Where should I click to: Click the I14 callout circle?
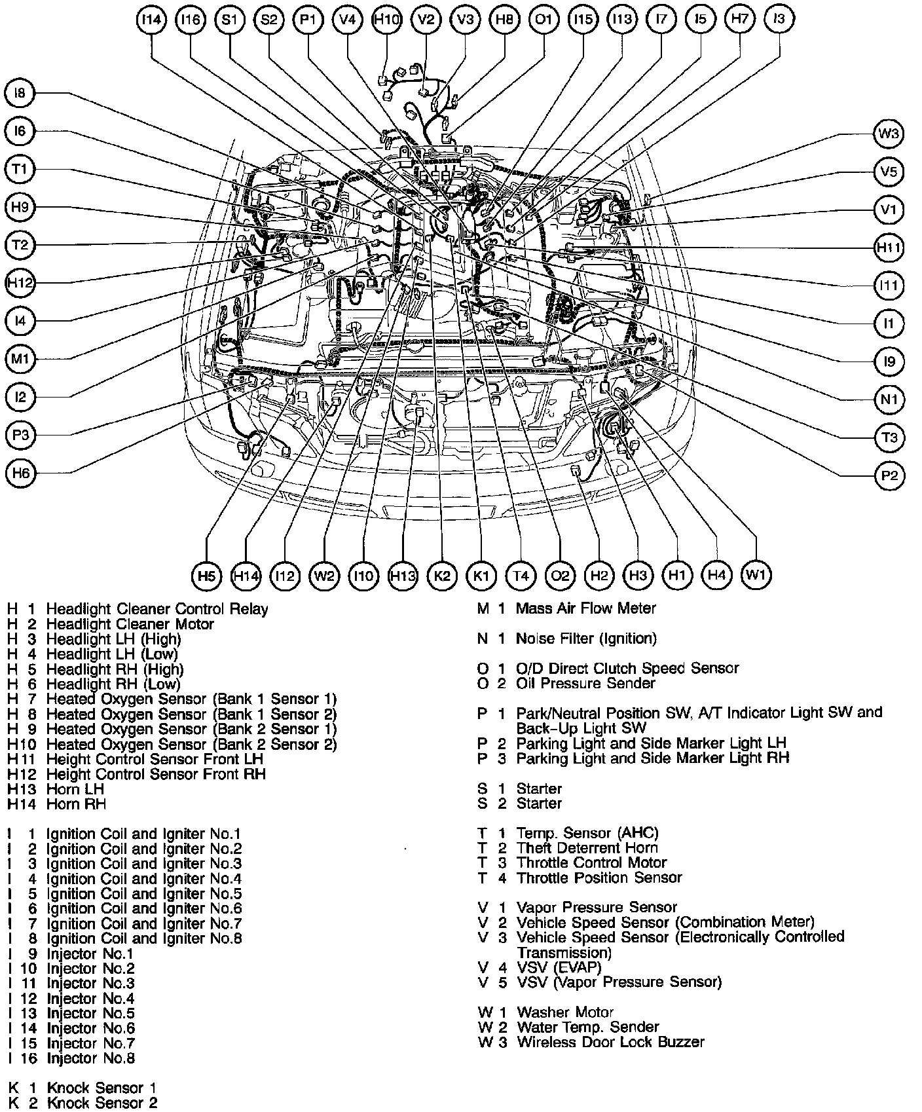click(x=151, y=20)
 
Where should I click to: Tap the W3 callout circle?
click(x=889, y=134)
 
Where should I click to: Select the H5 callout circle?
click(x=206, y=576)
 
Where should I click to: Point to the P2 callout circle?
click(x=889, y=475)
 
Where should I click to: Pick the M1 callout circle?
click(x=20, y=359)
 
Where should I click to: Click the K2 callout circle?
click(x=442, y=576)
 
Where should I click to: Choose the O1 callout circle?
click(x=544, y=20)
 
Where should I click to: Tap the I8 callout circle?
click(x=20, y=94)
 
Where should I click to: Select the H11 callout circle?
click(x=889, y=248)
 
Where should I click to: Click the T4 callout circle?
click(x=521, y=576)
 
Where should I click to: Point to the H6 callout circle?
click(x=20, y=473)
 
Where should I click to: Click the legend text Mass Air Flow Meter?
click(x=585, y=608)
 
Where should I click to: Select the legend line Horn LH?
click(x=75, y=789)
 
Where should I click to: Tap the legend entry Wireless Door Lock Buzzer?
click(x=610, y=1042)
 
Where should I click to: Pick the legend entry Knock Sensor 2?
click(x=101, y=1103)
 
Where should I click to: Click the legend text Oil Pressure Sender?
click(x=585, y=684)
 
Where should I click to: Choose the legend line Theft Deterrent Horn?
click(x=587, y=848)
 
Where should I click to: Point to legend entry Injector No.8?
click(x=90, y=1058)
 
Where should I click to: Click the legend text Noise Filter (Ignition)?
click(x=586, y=639)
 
